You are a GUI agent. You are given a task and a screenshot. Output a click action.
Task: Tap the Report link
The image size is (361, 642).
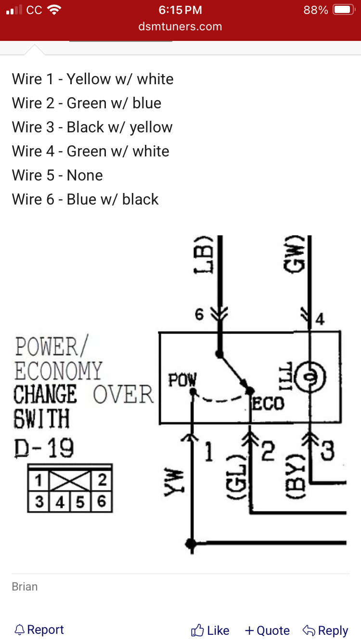(39, 629)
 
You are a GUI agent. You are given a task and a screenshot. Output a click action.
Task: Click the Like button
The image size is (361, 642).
(210, 630)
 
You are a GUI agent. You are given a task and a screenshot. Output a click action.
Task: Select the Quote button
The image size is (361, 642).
(267, 630)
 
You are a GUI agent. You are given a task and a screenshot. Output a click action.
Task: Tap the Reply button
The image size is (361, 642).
(325, 630)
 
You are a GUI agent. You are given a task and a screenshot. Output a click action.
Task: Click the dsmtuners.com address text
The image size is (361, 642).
(180, 26)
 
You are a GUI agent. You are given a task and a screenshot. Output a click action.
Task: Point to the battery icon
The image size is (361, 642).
(344, 10)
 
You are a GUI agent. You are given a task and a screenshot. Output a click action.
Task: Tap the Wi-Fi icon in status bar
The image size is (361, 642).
(54, 10)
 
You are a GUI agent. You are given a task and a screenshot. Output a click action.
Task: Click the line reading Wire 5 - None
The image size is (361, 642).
(57, 175)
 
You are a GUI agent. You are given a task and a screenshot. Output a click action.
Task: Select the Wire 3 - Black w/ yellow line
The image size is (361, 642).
(92, 128)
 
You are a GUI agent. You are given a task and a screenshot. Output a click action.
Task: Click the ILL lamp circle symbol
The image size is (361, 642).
(310, 377)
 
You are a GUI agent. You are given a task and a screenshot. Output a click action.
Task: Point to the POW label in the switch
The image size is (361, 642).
(182, 380)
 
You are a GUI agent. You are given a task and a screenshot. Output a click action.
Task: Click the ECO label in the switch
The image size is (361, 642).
(268, 404)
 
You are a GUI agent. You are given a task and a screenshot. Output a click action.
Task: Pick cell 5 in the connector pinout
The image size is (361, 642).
(80, 502)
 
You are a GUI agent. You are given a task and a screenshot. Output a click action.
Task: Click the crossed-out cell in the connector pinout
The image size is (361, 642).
(70, 481)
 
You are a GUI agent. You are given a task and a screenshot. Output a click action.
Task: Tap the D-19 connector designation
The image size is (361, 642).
(44, 448)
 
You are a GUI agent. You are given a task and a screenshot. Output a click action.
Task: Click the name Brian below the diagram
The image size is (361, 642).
(25, 587)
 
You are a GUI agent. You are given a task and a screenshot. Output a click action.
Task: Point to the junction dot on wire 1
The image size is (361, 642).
(191, 543)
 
